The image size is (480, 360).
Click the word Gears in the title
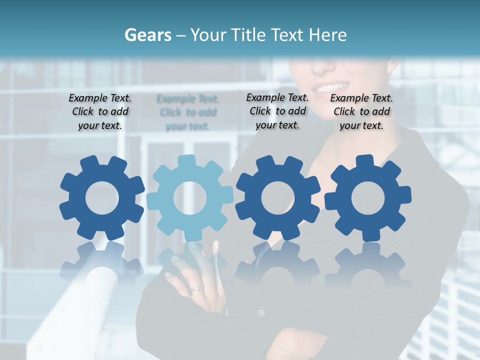pos(148,35)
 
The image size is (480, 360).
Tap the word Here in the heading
pos(327,35)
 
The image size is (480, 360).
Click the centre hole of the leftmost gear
pos(102,198)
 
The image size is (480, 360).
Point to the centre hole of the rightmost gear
pos(367,198)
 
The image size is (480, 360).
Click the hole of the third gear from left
pos(277,198)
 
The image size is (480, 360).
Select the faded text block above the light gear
pos(187,112)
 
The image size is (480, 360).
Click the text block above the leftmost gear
pos(100,112)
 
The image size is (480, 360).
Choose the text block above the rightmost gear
pos(361,112)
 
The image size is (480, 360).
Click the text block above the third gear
pos(277,111)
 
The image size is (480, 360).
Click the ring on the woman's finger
pos(198,289)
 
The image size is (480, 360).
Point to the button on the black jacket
pos(261,313)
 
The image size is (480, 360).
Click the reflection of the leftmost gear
pos(102,265)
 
